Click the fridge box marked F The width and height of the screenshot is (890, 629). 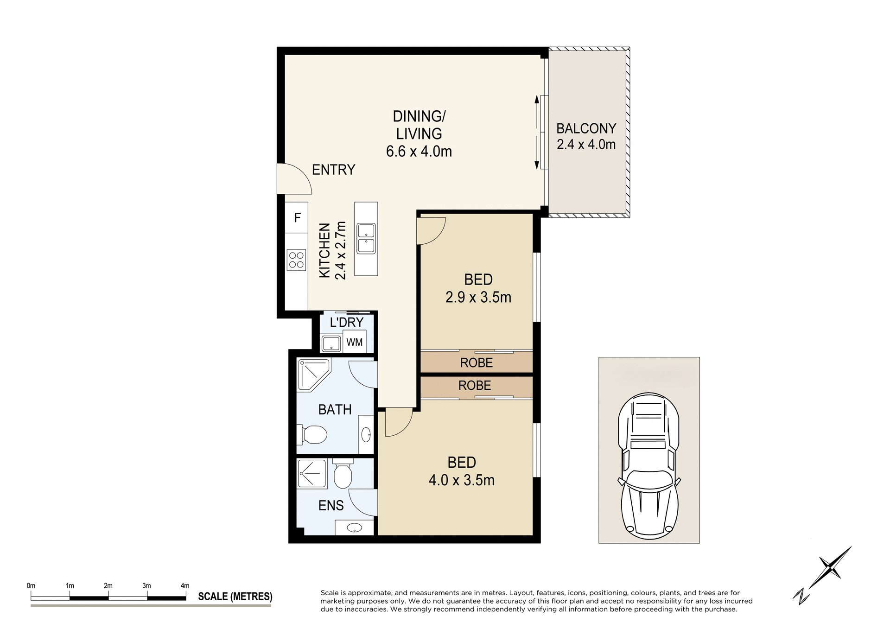pyautogui.click(x=297, y=217)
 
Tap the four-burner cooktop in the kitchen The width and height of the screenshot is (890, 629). pyautogui.click(x=296, y=260)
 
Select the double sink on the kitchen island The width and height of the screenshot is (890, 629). pyautogui.click(x=366, y=238)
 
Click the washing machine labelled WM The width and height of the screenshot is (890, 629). pyautogui.click(x=355, y=342)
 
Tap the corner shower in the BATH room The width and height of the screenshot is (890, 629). pyautogui.click(x=312, y=373)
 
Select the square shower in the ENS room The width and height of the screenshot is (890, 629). pyautogui.click(x=311, y=473)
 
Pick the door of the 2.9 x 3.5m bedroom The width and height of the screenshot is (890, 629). pyautogui.click(x=431, y=230)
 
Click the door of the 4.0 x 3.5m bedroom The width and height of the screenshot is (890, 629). pyautogui.click(x=398, y=422)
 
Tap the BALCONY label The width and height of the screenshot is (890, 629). pyautogui.click(x=586, y=128)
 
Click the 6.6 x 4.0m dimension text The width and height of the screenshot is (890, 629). pyautogui.click(x=419, y=152)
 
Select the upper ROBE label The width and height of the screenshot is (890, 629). pyautogui.click(x=476, y=362)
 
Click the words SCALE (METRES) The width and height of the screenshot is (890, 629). pyautogui.click(x=235, y=597)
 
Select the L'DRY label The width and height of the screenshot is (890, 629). pyautogui.click(x=346, y=322)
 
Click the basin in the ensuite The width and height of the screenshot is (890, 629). pyautogui.click(x=355, y=527)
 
